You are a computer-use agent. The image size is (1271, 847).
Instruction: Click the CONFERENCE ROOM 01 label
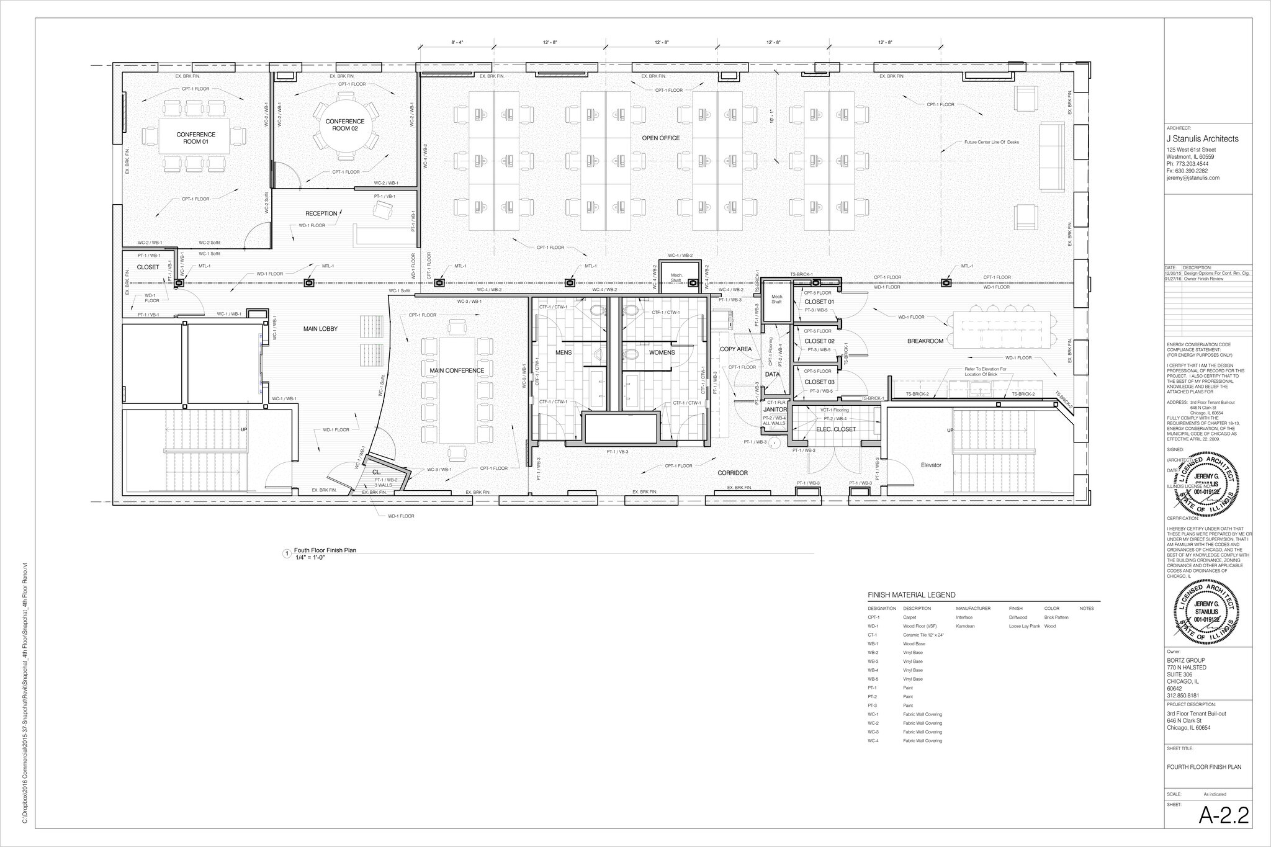tap(195, 138)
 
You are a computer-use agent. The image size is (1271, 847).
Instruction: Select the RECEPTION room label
tap(321, 213)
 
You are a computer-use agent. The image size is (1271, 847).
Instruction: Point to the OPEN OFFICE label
tap(661, 138)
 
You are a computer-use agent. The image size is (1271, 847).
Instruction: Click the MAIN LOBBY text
tap(320, 329)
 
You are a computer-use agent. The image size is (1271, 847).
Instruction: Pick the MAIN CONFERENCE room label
tap(457, 371)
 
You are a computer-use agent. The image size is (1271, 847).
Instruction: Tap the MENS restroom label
tap(564, 352)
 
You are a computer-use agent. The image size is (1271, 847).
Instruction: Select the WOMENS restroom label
tap(662, 352)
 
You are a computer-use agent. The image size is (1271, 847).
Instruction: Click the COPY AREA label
tap(735, 349)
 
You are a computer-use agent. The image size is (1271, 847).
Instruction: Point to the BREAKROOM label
tap(925, 341)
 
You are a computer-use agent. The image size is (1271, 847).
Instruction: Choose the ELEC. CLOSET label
tap(836, 429)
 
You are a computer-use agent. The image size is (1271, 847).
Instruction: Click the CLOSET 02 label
tap(819, 341)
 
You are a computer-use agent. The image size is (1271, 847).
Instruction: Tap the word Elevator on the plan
tap(931, 465)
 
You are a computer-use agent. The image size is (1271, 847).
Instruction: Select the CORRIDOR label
tap(733, 473)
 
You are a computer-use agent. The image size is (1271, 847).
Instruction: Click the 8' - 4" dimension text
tap(457, 42)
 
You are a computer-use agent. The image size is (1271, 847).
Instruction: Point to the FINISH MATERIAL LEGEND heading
tap(911, 595)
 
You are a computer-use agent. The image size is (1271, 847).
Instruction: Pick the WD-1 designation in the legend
tap(873, 627)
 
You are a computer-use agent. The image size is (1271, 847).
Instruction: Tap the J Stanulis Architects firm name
tap(1202, 139)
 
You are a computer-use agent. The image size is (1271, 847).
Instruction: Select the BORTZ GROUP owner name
tap(1187, 660)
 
